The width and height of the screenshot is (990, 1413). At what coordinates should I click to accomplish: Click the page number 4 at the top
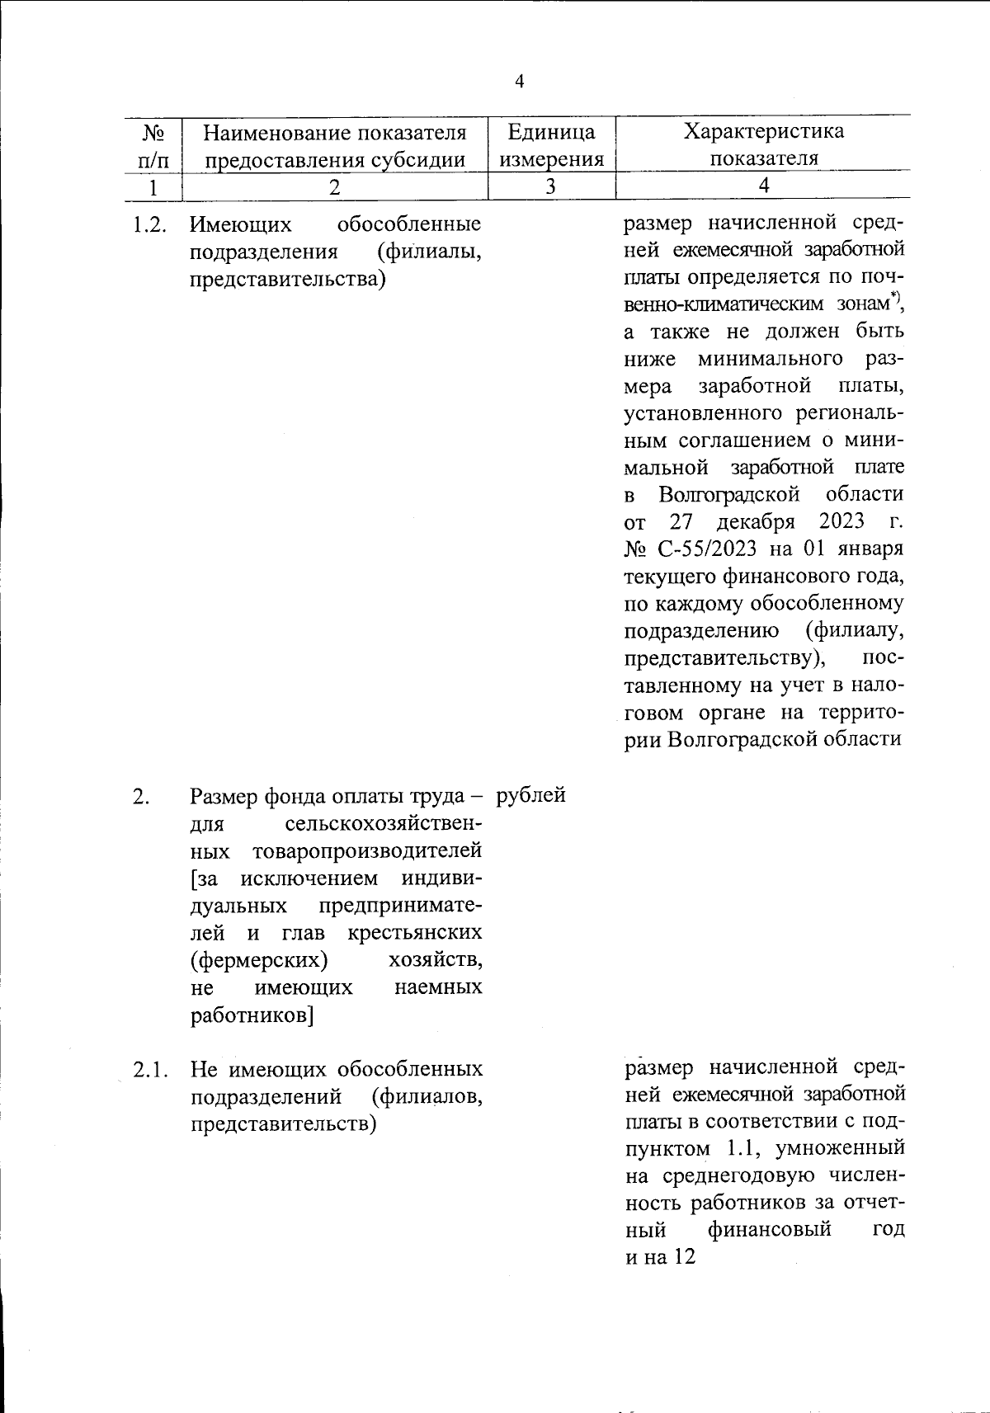518,81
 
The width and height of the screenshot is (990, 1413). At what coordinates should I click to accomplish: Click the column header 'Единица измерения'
551,145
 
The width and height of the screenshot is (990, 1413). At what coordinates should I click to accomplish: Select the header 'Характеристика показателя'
764,144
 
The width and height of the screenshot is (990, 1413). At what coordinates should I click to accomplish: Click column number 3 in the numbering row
550,186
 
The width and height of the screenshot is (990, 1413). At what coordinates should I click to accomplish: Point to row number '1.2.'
150,225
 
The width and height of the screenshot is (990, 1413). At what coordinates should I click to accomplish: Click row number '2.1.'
150,1070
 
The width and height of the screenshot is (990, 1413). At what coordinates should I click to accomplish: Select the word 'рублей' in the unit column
530,796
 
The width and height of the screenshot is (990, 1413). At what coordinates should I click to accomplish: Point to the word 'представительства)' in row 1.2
288,280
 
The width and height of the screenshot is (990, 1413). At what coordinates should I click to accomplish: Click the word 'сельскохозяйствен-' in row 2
383,824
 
